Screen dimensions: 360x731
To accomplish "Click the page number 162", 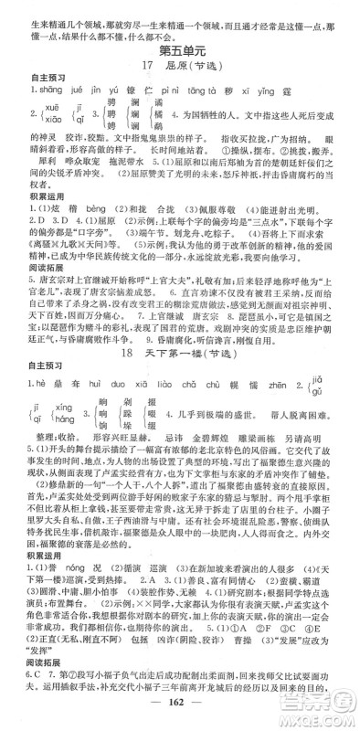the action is (x=180, y=714).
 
